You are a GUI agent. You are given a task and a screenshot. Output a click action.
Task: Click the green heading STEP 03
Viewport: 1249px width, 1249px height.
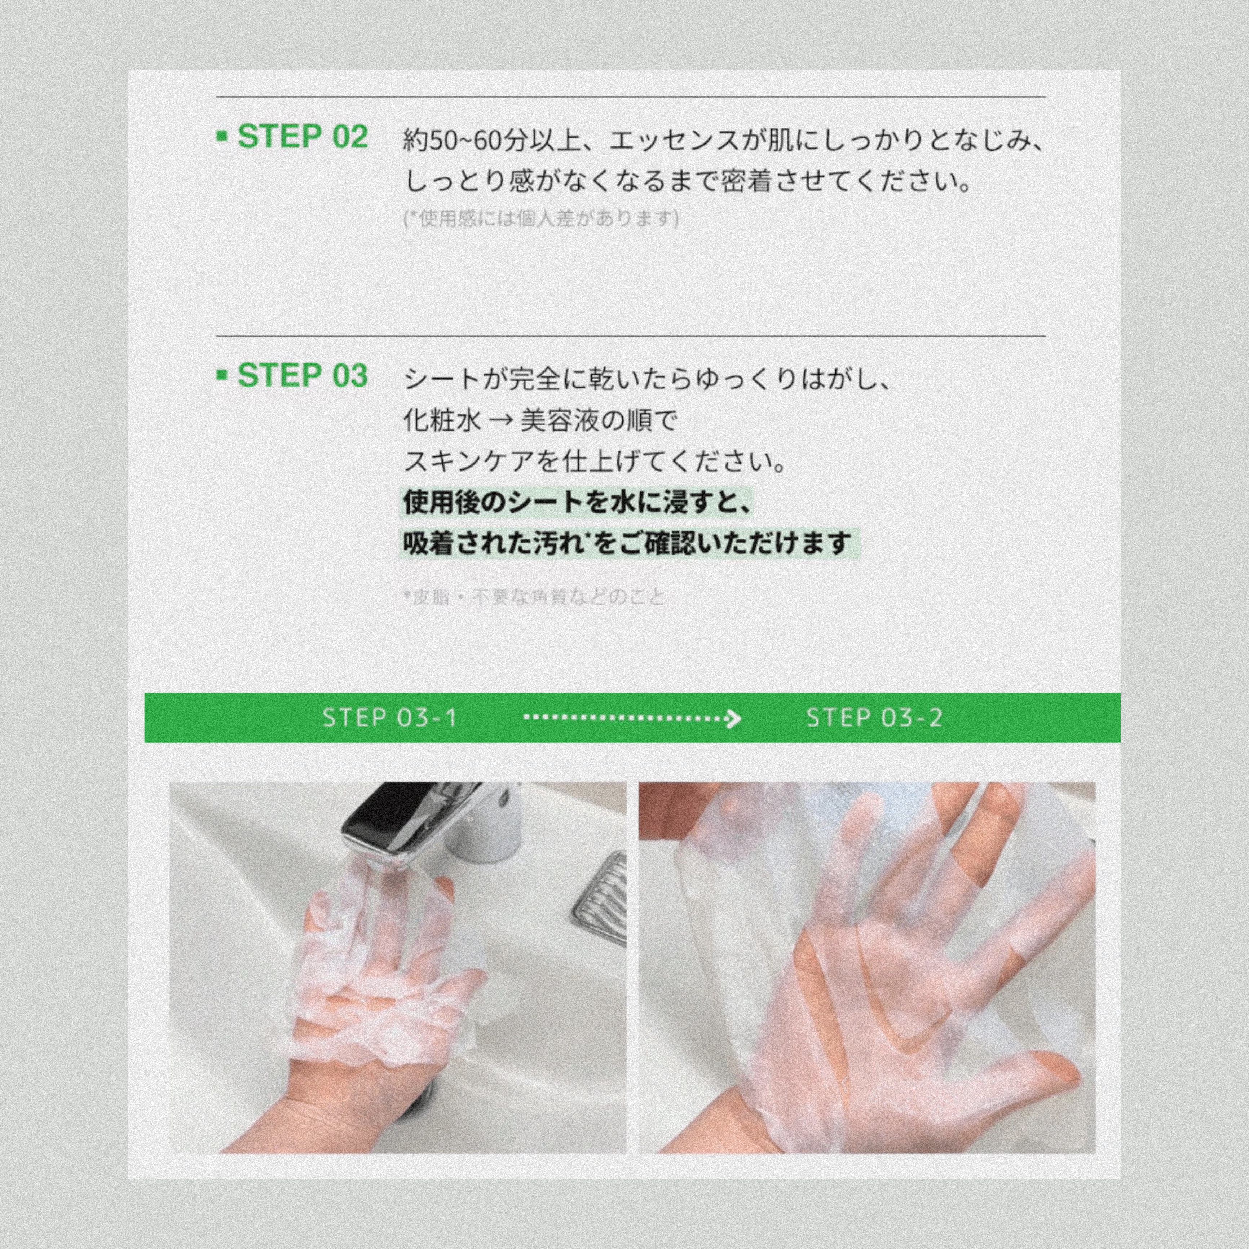pos(303,376)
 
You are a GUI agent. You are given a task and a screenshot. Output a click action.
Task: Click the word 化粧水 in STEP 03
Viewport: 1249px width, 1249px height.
pos(442,420)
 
